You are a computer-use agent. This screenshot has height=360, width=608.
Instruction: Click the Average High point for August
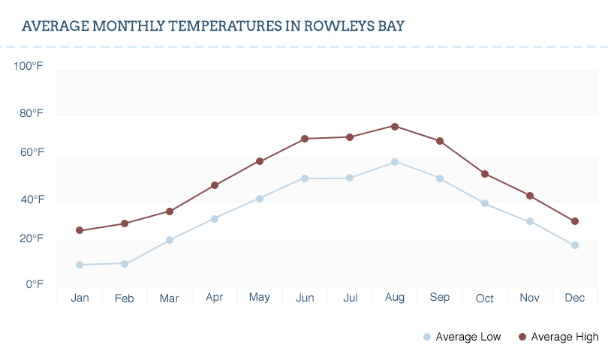point(395,126)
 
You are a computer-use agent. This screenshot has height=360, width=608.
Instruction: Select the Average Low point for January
point(80,265)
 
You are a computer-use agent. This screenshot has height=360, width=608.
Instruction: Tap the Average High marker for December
point(575,221)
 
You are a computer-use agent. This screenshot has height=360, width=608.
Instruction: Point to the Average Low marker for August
point(395,162)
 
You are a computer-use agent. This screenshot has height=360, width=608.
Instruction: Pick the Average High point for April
point(215,185)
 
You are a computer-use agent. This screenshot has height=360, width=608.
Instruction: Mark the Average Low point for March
point(170,240)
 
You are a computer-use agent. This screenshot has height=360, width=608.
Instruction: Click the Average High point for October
point(485,174)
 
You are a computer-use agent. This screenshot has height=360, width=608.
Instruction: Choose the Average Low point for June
point(305,178)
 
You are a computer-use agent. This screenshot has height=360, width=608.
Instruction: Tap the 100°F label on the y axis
point(29,67)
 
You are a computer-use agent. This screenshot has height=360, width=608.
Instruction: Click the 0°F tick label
point(35,284)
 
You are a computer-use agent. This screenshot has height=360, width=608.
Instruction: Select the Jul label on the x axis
point(350,298)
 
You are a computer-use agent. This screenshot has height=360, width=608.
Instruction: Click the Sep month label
point(440,297)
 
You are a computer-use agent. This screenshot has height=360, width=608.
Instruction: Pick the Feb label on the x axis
point(125,298)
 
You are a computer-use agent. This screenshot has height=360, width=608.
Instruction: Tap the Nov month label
point(530,298)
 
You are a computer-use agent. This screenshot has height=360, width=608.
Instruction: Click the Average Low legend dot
point(427,337)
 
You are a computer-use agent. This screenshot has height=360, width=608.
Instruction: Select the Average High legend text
point(564,337)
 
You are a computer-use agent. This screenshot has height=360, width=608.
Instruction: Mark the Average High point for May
point(260,161)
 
